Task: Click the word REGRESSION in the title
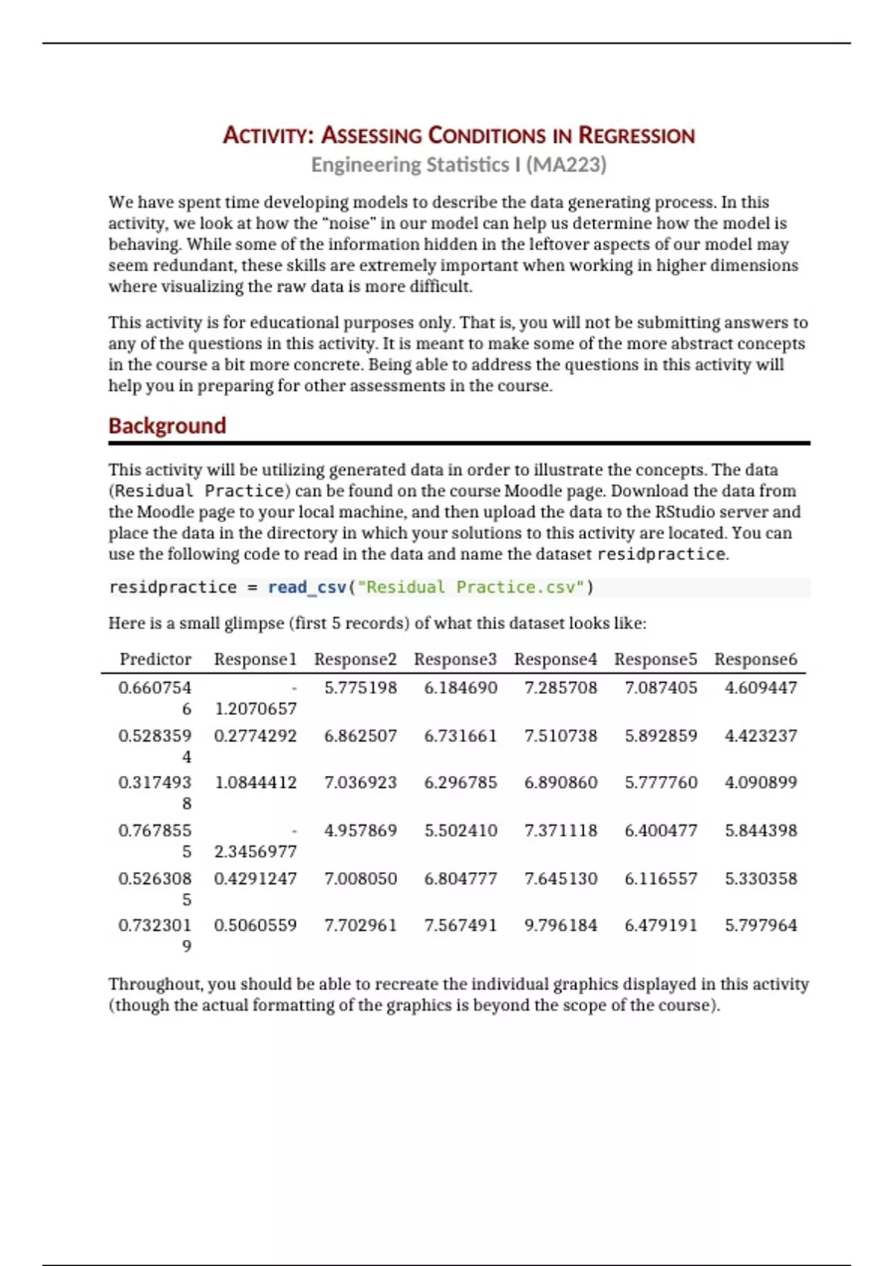pyautogui.click(x=636, y=136)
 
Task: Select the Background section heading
pyautogui.click(x=167, y=426)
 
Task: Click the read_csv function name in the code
pyautogui.click(x=307, y=588)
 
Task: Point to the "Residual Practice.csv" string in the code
pyautogui.click(x=470, y=588)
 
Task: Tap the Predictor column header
pyautogui.click(x=155, y=660)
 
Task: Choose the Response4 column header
pyautogui.click(x=555, y=660)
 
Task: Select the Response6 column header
pyautogui.click(x=755, y=660)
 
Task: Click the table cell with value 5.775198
pyautogui.click(x=361, y=688)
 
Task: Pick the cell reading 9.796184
pyautogui.click(x=560, y=926)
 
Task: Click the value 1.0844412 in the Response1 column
pyautogui.click(x=255, y=783)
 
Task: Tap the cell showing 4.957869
pyautogui.click(x=361, y=830)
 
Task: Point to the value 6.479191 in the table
pyautogui.click(x=661, y=926)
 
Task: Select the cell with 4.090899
pyautogui.click(x=761, y=783)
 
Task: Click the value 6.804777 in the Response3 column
pyautogui.click(x=460, y=879)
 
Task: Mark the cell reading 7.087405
pyautogui.click(x=661, y=688)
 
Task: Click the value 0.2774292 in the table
pyautogui.click(x=255, y=736)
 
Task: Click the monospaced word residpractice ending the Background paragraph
pyautogui.click(x=661, y=555)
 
